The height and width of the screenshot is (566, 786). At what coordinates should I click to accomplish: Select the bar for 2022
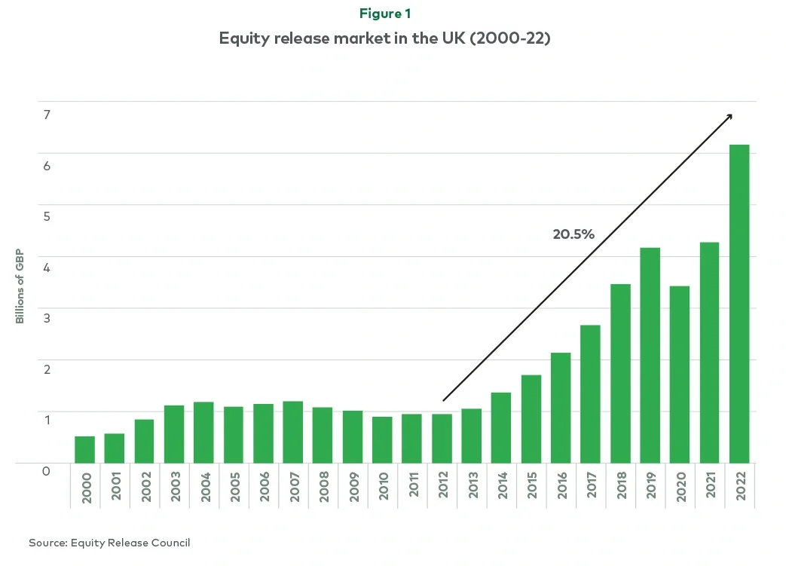[739, 303]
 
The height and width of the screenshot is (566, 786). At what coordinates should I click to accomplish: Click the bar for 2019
[650, 355]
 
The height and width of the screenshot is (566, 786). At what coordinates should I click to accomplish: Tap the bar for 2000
[84, 449]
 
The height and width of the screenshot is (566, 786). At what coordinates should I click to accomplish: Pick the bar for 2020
[680, 374]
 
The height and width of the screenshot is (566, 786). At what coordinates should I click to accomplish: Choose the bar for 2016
[561, 407]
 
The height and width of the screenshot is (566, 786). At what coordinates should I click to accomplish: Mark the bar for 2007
[292, 431]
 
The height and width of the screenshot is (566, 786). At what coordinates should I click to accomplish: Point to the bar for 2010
[382, 439]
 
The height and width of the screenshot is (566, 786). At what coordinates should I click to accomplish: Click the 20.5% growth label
[573, 234]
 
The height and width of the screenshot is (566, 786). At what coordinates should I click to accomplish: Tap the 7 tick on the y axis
[46, 115]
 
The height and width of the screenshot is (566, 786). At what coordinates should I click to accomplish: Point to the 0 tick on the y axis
[46, 471]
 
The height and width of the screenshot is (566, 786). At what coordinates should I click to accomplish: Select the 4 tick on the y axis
[46, 268]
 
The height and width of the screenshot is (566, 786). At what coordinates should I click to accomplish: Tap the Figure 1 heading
[385, 14]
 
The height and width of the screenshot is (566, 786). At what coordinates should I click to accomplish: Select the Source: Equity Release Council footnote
[109, 543]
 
